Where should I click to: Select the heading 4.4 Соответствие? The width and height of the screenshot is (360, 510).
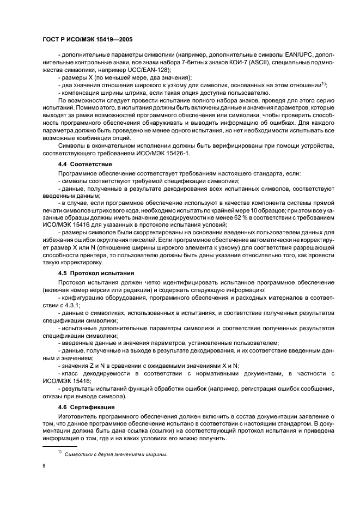(x=85, y=164)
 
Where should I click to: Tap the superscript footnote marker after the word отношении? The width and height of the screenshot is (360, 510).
(x=324, y=83)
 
